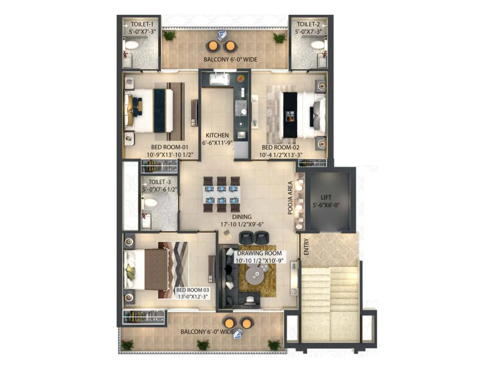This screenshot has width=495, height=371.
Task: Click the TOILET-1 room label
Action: [x=142, y=24]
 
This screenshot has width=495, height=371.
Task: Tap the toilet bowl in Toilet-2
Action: [x=317, y=44]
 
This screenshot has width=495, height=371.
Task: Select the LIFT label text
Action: [x=326, y=197]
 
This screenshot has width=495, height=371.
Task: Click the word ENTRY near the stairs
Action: [x=306, y=246]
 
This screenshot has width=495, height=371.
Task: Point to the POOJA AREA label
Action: [x=290, y=198]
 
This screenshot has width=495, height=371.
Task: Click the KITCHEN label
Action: [x=217, y=135]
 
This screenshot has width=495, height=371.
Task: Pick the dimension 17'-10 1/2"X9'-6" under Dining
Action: [x=242, y=224]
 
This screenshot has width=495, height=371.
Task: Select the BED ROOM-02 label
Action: [x=281, y=147]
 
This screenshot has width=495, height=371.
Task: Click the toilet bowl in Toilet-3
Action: [x=150, y=203]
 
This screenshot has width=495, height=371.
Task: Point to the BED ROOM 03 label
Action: [x=192, y=290]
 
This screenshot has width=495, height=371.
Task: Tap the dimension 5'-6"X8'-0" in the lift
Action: [x=326, y=205]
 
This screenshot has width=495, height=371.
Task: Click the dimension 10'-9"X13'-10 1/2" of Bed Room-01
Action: [x=170, y=155]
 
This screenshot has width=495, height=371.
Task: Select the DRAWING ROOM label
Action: [x=259, y=253]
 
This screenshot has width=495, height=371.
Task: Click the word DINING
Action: [x=242, y=217]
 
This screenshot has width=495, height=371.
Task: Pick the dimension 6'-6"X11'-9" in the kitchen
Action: [x=217, y=143]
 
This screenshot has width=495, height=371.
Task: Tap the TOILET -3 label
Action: [x=160, y=182]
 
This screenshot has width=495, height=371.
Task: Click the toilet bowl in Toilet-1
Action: [x=132, y=44]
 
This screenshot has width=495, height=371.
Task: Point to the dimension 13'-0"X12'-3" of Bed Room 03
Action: [x=192, y=297]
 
